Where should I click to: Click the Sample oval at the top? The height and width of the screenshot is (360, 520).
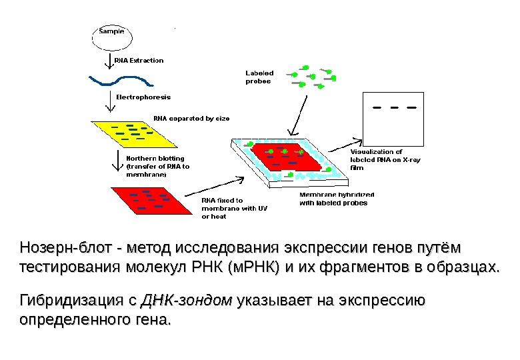point(112,37)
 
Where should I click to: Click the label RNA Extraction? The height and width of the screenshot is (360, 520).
point(139,61)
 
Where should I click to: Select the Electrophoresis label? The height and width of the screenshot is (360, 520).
point(139,97)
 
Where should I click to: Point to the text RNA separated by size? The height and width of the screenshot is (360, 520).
point(191,118)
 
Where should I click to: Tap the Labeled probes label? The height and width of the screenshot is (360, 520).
point(259,77)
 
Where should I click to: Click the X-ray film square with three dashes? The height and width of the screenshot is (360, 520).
point(393,118)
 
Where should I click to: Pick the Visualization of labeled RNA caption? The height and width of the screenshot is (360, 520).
point(377,160)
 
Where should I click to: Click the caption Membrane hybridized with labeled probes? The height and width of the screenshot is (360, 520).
point(336,199)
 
